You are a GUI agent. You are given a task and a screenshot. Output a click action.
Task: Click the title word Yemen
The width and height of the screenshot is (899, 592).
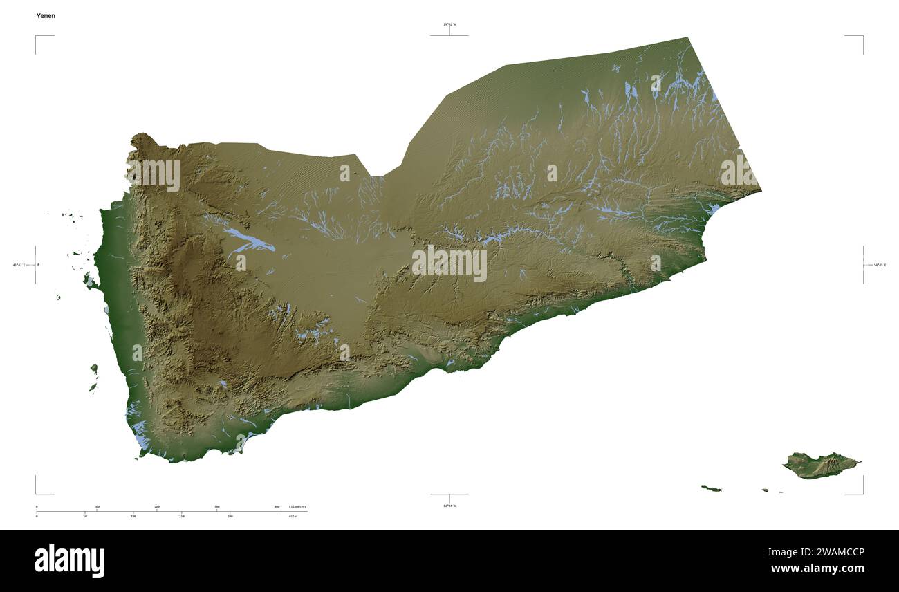[46, 15]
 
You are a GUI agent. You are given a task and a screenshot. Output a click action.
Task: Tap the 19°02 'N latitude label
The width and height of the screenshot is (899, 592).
[449, 24]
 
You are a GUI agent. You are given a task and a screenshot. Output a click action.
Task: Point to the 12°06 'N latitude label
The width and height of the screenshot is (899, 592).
[449, 506]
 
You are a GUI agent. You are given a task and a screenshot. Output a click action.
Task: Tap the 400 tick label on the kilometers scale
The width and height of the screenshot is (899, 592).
[277, 507]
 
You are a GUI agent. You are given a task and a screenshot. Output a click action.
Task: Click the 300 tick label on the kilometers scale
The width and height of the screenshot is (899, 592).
[217, 507]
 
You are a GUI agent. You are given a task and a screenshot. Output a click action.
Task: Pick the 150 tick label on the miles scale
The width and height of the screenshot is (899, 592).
[182, 516]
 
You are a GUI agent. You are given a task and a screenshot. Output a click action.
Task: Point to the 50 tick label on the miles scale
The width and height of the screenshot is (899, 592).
[85, 516]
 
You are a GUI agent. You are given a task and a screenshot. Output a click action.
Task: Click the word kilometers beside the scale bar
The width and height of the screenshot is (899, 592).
[297, 507]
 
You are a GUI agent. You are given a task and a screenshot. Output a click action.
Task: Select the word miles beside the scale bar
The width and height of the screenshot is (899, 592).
[294, 516]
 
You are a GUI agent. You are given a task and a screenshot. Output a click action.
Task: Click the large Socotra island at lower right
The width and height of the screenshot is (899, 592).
[819, 465]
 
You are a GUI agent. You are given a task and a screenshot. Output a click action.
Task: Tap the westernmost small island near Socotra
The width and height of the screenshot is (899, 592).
[711, 489]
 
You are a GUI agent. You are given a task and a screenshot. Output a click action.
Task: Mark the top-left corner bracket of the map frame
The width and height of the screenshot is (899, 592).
[37, 37]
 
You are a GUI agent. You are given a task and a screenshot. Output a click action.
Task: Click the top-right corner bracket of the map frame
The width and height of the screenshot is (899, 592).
[862, 37]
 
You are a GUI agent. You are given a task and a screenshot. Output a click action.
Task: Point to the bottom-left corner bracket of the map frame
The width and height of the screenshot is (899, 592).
[37, 492]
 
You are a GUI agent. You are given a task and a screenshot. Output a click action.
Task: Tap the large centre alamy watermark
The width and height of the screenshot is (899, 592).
[449, 263]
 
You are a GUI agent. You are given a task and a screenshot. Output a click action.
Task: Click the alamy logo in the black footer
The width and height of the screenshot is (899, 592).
[69, 560]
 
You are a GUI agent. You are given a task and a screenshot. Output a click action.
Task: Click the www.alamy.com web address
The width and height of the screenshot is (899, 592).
[817, 568]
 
